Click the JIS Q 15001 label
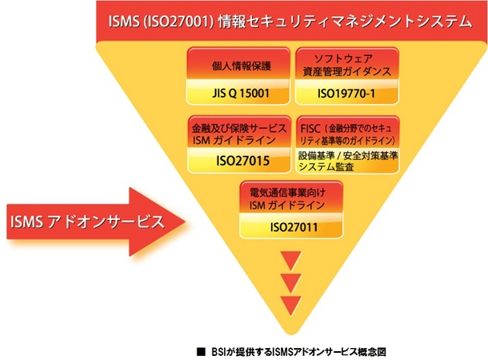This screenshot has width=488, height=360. [x=237, y=93]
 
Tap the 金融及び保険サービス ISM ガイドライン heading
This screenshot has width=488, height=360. [x=236, y=133]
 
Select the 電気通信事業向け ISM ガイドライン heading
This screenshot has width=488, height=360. [x=290, y=198]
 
